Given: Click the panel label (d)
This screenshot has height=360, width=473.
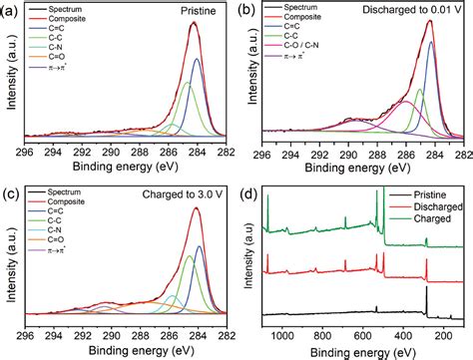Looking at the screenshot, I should tap(246, 188).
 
